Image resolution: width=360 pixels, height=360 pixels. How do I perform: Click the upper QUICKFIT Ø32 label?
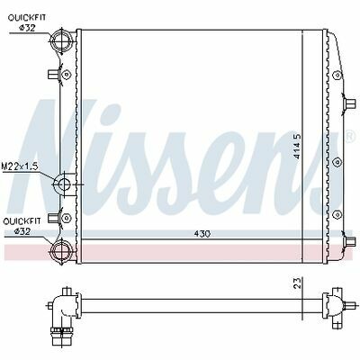[27, 22]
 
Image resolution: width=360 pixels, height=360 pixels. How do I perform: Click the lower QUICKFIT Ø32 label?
[22, 226]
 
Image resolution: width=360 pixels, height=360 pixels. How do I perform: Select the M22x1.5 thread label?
[20, 166]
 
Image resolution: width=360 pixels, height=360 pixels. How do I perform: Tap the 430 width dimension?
[202, 234]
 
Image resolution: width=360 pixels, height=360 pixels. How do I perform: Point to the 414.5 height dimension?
[297, 146]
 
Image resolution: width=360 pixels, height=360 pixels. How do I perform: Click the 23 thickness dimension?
[297, 283]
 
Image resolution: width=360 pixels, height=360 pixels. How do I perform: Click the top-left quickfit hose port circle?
[62, 41]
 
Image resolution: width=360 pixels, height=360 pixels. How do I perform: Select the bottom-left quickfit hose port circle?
[62, 251]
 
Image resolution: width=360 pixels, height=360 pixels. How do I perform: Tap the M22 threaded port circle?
[64, 184]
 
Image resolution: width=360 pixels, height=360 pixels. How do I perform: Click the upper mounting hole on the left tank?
[67, 74]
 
